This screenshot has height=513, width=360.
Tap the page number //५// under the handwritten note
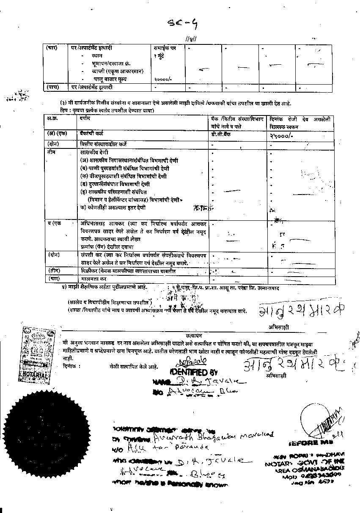(192, 39)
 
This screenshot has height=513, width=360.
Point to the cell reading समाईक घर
(165, 48)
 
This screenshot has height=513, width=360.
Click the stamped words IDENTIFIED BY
(195, 372)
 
